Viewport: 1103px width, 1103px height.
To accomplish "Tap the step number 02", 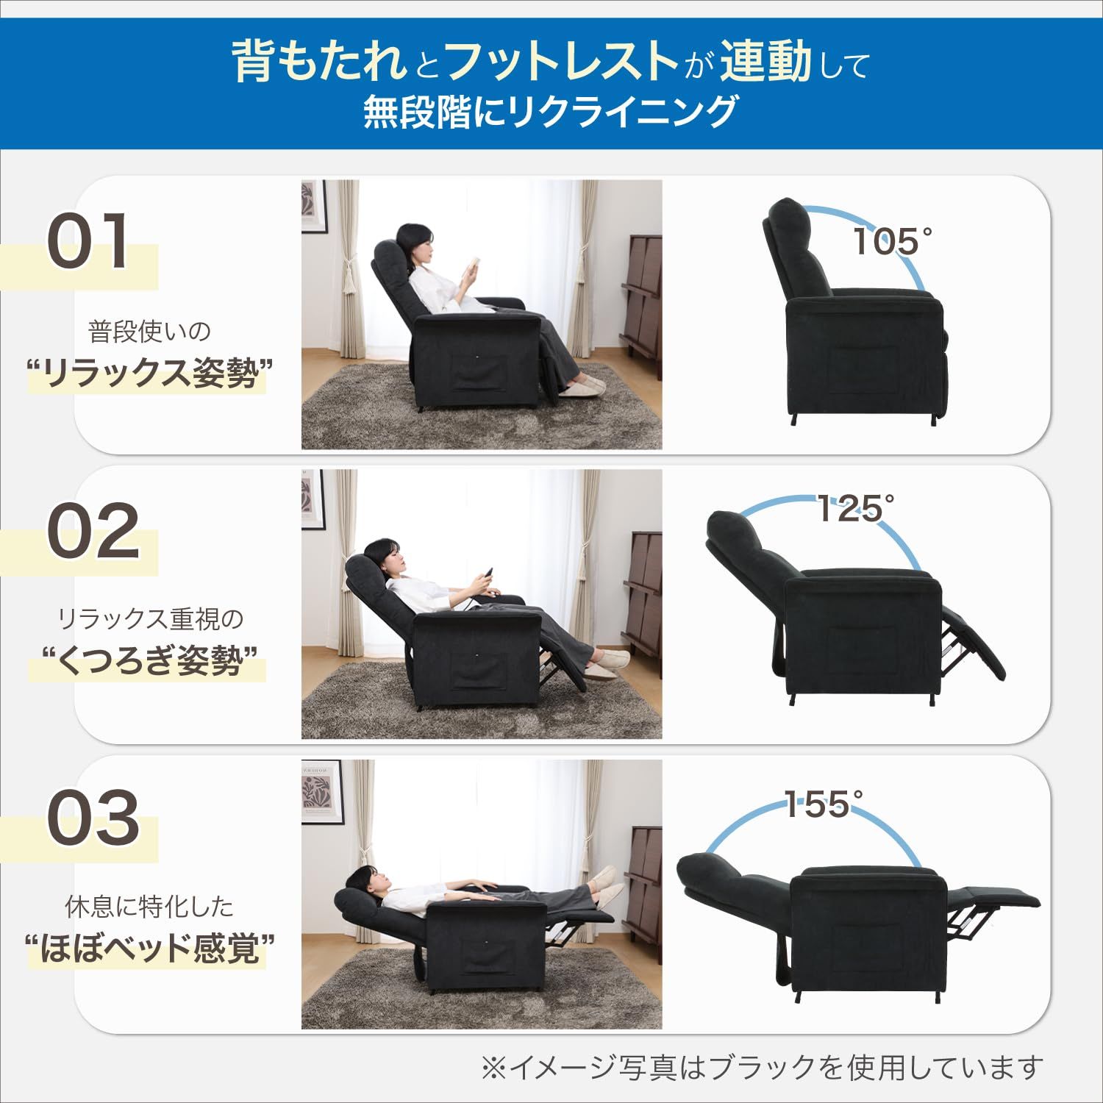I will tap(93, 530).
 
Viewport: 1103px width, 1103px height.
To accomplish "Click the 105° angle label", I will tap(891, 241).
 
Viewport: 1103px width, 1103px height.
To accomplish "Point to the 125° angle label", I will tap(855, 508).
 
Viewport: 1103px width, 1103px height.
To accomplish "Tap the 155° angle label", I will tap(823, 804).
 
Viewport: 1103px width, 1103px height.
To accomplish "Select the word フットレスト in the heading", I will tap(561, 60).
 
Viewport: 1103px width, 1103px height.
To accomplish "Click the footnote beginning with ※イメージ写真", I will tap(761, 1067).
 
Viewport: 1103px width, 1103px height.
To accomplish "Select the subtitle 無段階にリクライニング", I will tap(550, 113).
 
